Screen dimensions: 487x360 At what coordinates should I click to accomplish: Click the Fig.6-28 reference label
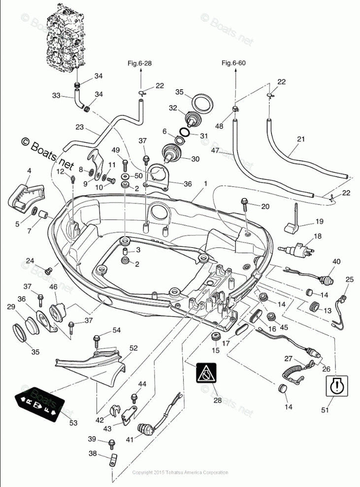140,63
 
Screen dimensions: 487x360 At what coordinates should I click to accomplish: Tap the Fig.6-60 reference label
233,63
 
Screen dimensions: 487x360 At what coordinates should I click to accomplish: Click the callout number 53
73,422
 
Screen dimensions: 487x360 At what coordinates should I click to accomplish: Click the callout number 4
29,171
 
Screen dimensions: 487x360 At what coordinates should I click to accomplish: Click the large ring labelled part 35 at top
201,104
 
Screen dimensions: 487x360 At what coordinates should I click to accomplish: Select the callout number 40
336,261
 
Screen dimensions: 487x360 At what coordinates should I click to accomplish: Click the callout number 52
133,348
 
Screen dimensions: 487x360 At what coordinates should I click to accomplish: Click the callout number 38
93,453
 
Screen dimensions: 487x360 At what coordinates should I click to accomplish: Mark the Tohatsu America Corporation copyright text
180,472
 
